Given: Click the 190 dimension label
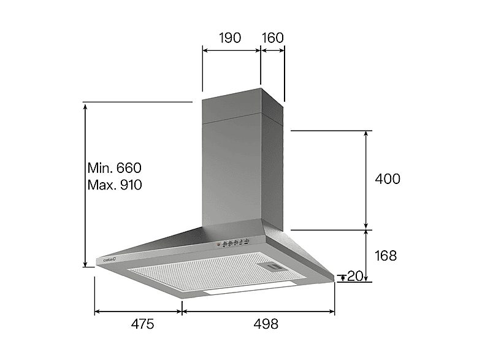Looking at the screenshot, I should pyautogui.click(x=230, y=37).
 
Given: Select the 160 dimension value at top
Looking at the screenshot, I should pyautogui.click(x=273, y=37).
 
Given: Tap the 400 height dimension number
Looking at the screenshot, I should pyautogui.click(x=387, y=179).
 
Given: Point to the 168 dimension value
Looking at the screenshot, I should pyautogui.click(x=384, y=256).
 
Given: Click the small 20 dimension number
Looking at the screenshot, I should pyautogui.click(x=354, y=277).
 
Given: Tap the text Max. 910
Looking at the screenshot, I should pyautogui.click(x=115, y=185).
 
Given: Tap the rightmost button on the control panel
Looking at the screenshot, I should pyautogui.click(x=246, y=241).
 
